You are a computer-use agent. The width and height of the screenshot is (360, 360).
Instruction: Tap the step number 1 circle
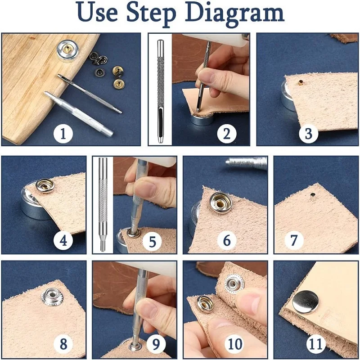(63, 133)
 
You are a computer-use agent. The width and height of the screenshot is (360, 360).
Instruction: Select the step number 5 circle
(152, 241)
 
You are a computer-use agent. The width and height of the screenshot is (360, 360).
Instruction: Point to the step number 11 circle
(316, 344)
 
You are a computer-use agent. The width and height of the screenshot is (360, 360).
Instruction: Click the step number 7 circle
(294, 240)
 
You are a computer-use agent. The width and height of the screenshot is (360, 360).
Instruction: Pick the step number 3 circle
(308, 133)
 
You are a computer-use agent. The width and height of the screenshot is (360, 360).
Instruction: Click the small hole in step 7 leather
(312, 195)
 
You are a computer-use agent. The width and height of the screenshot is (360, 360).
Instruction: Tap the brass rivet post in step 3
(300, 82)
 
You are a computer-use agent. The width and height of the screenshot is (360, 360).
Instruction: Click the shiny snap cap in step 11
(306, 302)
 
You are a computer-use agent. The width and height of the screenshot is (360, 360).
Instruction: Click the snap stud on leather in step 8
(51, 297)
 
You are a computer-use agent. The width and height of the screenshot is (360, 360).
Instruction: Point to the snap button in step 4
(45, 186)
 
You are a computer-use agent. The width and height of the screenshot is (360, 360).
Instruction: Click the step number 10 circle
(235, 344)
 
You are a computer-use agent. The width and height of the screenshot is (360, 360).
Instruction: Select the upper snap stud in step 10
(234, 284)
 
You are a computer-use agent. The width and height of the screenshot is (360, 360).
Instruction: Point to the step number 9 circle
(156, 344)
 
